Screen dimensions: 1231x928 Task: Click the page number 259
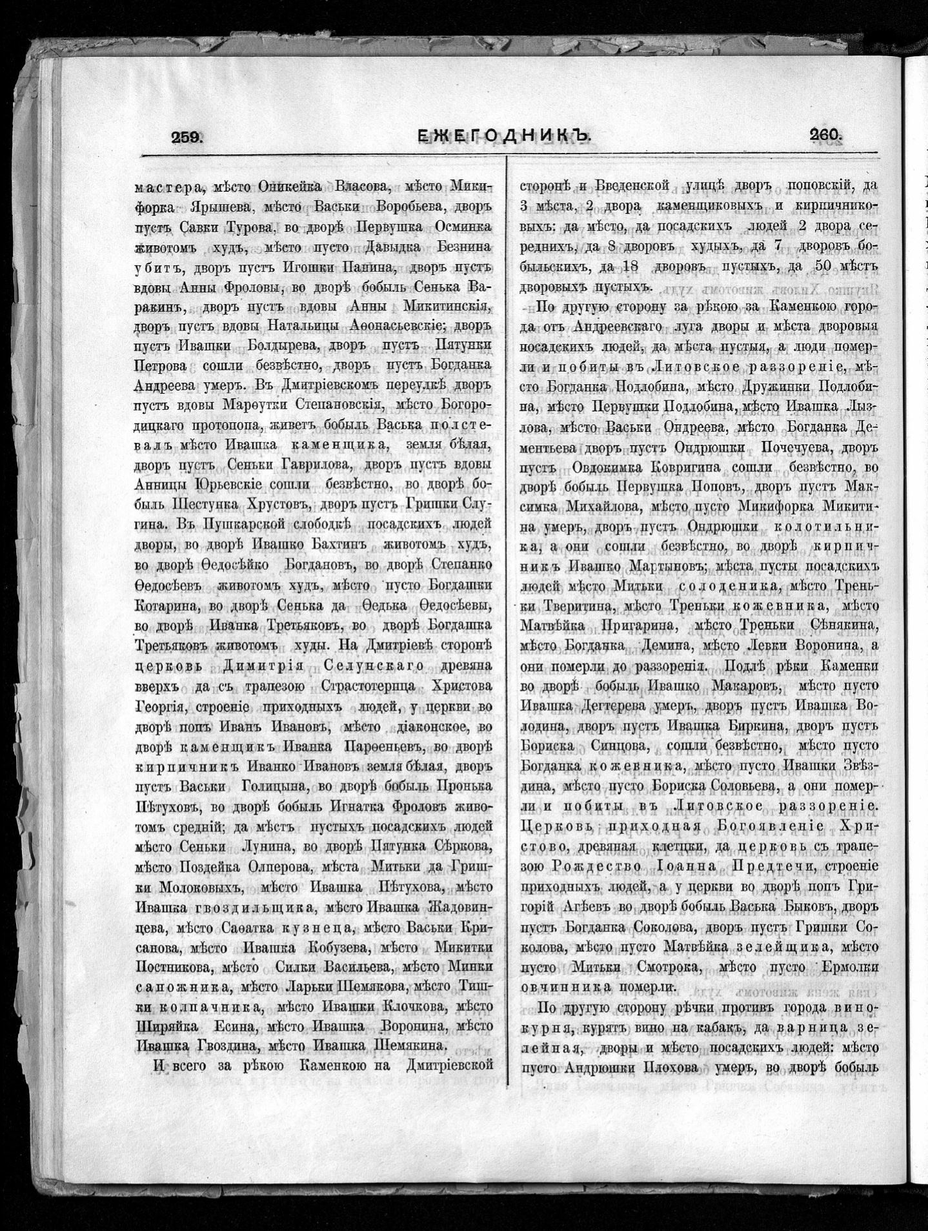point(187,136)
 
